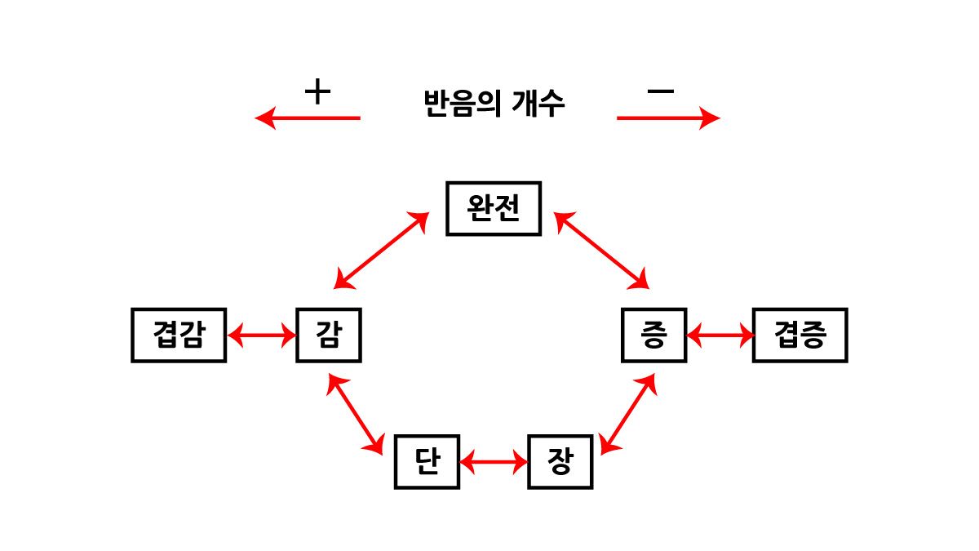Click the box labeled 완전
tap(494, 209)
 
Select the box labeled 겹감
tap(179, 335)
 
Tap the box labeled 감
tap(328, 335)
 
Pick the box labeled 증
tap(654, 335)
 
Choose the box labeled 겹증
tap(800, 335)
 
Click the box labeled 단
tap(427, 462)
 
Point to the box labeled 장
tap(560, 462)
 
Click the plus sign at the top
tap(317, 91)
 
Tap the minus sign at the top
tap(660, 91)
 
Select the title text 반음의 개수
tap(494, 104)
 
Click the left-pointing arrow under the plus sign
tap(308, 118)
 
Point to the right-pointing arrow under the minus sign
tap(668, 118)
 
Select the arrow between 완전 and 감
tap(381, 251)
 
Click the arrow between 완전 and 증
tap(601, 251)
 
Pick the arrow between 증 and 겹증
tap(720, 335)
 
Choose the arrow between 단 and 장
tap(494, 463)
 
